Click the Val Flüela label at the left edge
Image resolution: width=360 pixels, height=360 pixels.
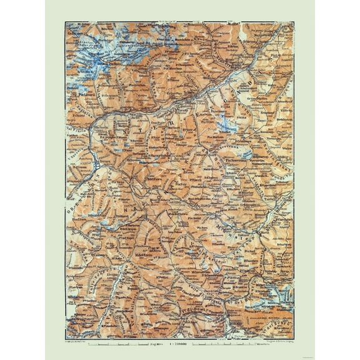click(70, 119)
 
